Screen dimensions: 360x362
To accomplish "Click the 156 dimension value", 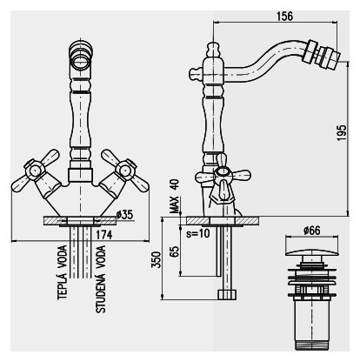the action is coord(284,17).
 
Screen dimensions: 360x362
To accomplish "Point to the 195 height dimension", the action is coord(342,133).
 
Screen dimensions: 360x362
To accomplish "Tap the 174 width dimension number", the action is coord(104,235).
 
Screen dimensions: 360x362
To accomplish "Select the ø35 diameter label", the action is coord(124,215).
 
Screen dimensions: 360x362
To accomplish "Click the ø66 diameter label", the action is coord(312,231).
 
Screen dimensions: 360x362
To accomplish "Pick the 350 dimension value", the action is coord(157,260).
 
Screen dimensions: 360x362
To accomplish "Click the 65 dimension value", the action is coord(174,251).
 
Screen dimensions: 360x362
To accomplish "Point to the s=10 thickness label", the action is coord(198,233).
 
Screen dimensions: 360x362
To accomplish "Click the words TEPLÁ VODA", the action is coord(63,272).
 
